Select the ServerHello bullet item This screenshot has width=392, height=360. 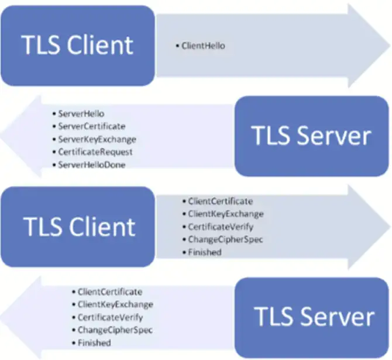click(x=81, y=113)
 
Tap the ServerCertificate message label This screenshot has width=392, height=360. click(x=91, y=126)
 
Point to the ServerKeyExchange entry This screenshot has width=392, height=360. click(x=97, y=139)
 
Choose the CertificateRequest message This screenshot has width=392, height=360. click(x=95, y=152)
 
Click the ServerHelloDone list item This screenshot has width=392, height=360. click(x=92, y=165)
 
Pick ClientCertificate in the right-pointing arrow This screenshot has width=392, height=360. click(x=221, y=201)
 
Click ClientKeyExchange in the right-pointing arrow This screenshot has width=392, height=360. click(x=225, y=214)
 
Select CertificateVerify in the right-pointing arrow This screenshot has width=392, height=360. click(x=221, y=227)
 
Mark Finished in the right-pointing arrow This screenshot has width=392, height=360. click(x=204, y=252)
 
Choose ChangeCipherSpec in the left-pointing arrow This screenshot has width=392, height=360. click(x=115, y=330)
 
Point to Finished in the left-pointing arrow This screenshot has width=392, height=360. click(x=94, y=342)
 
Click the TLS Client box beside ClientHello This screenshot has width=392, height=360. click(x=77, y=44)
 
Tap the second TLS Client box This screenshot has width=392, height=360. click(x=77, y=225)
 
